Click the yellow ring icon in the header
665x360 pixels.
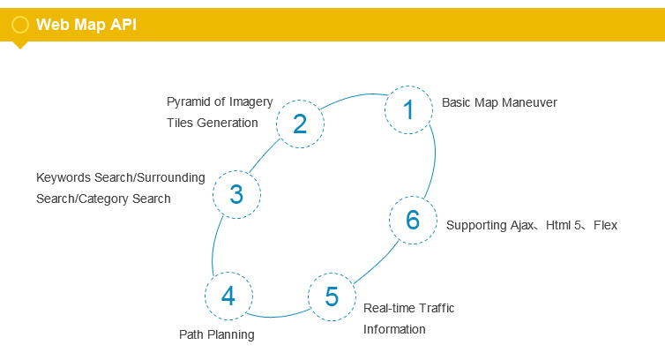[20, 17]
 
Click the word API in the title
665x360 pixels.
[123, 24]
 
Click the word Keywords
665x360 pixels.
[64, 177]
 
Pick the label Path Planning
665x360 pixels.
[217, 335]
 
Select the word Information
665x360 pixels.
[394, 329]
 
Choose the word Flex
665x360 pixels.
[605, 225]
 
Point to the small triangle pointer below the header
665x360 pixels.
[20, 45]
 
